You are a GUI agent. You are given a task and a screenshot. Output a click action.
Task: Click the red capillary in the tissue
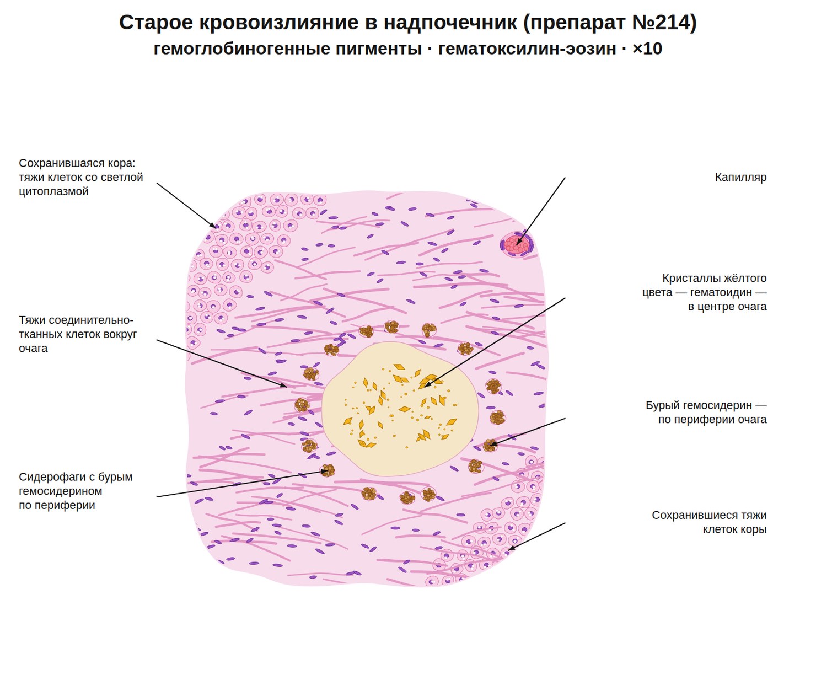click(x=516, y=244)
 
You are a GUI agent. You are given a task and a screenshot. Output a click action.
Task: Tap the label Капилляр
click(x=740, y=177)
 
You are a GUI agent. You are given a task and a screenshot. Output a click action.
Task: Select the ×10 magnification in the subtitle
click(x=647, y=49)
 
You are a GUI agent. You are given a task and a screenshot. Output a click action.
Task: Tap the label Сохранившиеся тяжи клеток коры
click(x=709, y=522)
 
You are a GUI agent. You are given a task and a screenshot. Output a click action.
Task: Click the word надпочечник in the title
click(x=450, y=22)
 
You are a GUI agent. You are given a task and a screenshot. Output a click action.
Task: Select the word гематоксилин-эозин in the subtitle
click(x=527, y=49)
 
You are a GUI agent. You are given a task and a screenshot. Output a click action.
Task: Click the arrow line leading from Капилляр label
click(x=540, y=211)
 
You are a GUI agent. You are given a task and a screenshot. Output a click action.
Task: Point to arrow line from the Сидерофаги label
click(x=242, y=484)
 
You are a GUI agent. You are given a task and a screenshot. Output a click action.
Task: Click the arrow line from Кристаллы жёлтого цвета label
click(x=495, y=342)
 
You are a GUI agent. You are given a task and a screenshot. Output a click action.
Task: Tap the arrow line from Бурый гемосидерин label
click(x=527, y=432)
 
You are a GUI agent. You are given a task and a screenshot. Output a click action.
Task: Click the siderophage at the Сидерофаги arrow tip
click(x=328, y=470)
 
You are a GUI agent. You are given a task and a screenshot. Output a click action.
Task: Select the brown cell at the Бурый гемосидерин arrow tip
click(x=490, y=445)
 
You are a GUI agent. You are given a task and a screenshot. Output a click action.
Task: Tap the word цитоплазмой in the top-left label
click(x=53, y=191)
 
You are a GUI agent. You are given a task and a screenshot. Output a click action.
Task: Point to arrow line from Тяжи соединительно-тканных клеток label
click(x=222, y=363)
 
